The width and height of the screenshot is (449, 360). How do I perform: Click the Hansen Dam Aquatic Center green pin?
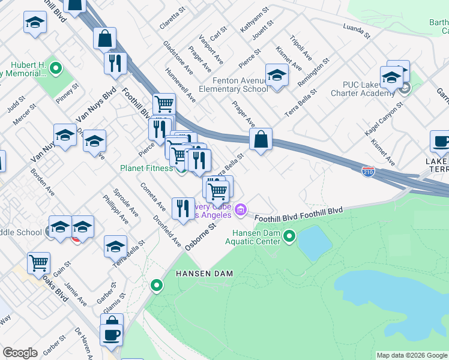pos(289,236)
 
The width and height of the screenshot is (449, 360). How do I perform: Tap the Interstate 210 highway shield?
pos(369,171)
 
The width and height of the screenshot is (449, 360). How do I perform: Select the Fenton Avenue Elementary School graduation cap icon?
pos(277,75)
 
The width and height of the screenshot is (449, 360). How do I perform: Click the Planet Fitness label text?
pos(146,169)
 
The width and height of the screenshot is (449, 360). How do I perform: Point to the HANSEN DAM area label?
pos(203,273)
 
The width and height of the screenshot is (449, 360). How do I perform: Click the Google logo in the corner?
pos(20,353)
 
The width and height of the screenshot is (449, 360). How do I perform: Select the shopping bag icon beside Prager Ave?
pos(261,139)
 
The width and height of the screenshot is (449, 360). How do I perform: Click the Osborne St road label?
pos(200,238)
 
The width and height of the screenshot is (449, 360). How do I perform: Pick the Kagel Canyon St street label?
pos(385,115)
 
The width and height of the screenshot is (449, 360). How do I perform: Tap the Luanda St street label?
pos(358,28)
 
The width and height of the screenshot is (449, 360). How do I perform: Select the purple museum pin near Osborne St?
pos(241,210)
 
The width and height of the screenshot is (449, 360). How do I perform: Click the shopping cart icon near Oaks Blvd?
pos(38,262)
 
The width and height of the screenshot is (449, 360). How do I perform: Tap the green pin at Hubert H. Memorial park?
pos(56,69)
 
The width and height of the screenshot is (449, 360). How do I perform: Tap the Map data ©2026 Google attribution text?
pos(411,355)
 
